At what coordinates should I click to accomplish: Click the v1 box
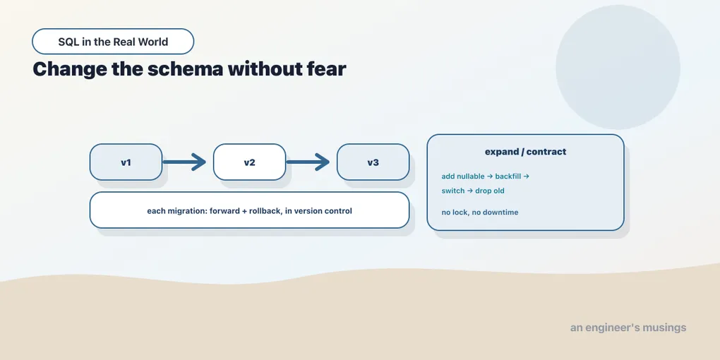(x=126, y=162)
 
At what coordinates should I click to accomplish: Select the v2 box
(x=249, y=162)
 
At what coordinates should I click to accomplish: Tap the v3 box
(x=373, y=162)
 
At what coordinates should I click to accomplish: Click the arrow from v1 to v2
(x=184, y=162)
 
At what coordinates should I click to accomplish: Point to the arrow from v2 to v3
(x=308, y=162)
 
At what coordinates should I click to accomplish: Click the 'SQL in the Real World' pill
(x=113, y=42)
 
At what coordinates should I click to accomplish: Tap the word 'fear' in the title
(x=325, y=69)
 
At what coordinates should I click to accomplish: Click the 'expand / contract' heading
(x=525, y=152)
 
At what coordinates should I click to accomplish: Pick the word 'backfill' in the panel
(x=508, y=176)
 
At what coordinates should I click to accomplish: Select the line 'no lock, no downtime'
(x=480, y=212)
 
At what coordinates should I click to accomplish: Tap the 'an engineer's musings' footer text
(x=628, y=328)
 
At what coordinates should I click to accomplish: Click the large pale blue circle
(x=618, y=67)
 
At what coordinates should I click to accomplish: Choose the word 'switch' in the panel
(x=452, y=191)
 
